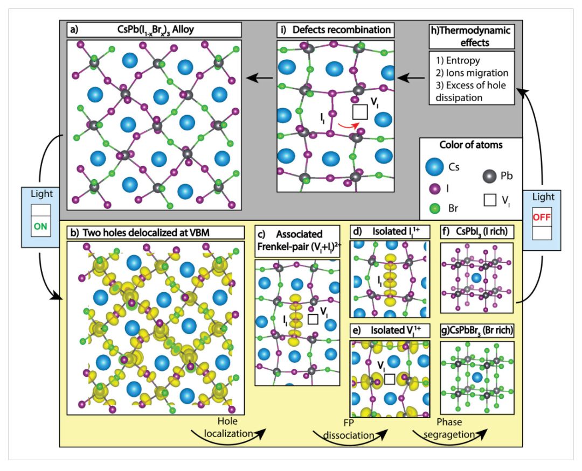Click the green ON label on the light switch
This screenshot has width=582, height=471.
click(x=40, y=226)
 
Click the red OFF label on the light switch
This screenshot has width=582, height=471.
click(x=542, y=217)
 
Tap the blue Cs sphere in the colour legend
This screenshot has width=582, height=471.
click(x=434, y=167)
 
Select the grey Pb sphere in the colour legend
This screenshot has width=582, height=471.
click(x=489, y=176)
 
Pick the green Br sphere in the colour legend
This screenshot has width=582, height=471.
click(x=434, y=208)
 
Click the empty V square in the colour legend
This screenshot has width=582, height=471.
click(x=490, y=200)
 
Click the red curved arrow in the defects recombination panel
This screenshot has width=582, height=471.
click(x=349, y=126)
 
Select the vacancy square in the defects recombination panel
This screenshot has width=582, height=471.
click(x=359, y=111)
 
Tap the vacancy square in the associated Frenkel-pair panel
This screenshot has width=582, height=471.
click(x=313, y=319)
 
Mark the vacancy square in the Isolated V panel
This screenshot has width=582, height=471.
click(x=390, y=379)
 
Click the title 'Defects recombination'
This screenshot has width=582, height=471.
click(x=342, y=30)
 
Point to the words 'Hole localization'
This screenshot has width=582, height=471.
click(x=228, y=427)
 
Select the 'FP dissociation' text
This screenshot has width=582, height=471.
click(x=349, y=428)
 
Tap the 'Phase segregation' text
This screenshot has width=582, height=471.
click(x=449, y=428)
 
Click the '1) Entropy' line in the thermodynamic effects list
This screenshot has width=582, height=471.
click(x=458, y=60)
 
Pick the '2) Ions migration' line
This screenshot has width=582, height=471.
click(x=472, y=73)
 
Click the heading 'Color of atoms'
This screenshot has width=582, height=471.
click(x=471, y=145)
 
